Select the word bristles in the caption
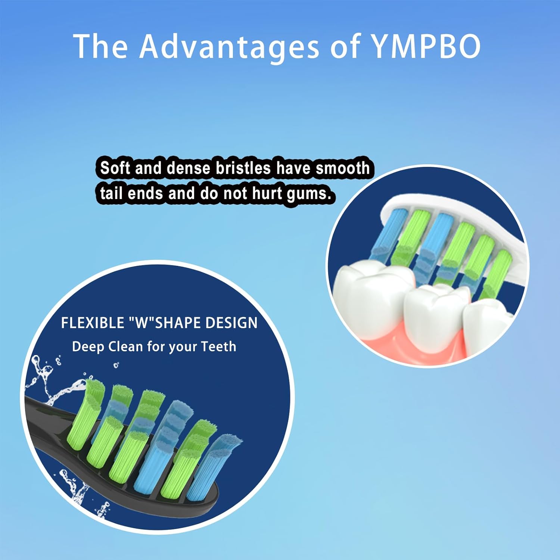(x=243, y=168)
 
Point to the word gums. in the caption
(x=309, y=194)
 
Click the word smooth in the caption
(x=342, y=168)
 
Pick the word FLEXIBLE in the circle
(x=93, y=323)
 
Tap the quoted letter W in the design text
(x=141, y=323)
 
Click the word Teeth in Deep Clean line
(x=218, y=346)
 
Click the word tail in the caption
(x=111, y=194)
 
